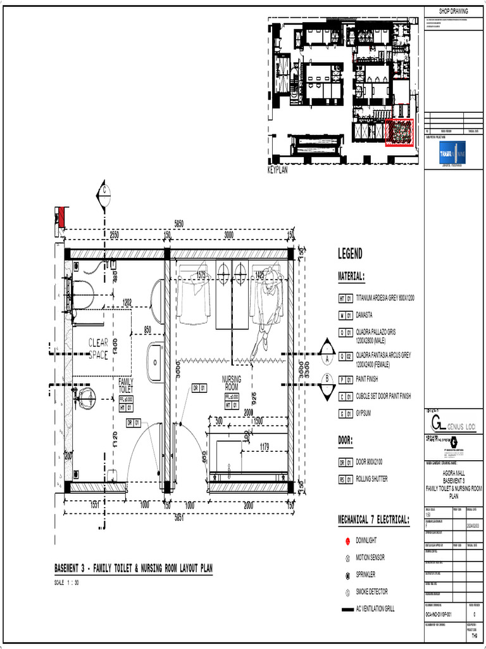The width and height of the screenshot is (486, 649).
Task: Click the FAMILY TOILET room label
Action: [127, 385]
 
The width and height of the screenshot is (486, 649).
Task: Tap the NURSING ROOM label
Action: [232, 382]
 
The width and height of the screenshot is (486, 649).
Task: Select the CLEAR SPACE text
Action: [99, 349]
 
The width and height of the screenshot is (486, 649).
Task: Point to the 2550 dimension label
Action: [115, 235]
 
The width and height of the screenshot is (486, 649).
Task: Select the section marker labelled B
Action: [327, 379]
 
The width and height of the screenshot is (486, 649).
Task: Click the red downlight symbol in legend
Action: [347, 541]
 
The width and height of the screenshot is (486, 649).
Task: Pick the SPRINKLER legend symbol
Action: [347, 575]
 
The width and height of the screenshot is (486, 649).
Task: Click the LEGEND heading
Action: [351, 254]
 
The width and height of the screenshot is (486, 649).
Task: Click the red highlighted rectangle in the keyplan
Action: [399, 132]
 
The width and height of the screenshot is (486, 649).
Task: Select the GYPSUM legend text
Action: [364, 413]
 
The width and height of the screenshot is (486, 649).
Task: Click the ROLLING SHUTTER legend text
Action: [372, 479]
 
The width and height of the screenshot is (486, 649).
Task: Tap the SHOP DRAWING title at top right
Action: [454, 11]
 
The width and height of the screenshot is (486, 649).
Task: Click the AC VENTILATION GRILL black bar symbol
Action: [347, 609]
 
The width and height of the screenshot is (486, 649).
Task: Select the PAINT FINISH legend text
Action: [367, 379]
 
